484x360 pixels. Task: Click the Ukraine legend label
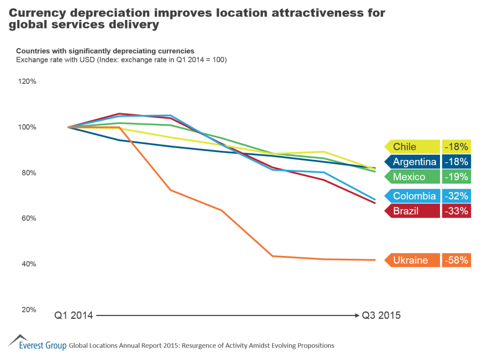point(411,260)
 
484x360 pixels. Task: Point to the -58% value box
point(457,260)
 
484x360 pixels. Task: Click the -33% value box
point(457,211)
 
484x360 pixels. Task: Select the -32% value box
point(457,196)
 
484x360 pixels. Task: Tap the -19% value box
point(457,177)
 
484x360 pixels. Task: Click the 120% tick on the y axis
point(27,81)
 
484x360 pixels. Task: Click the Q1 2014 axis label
point(73,315)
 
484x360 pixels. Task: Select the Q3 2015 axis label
point(381,315)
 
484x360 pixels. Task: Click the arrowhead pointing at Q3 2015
point(356,315)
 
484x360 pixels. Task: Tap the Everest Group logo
point(37,343)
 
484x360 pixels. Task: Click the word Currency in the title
point(36,13)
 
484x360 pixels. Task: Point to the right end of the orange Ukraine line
point(375,260)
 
